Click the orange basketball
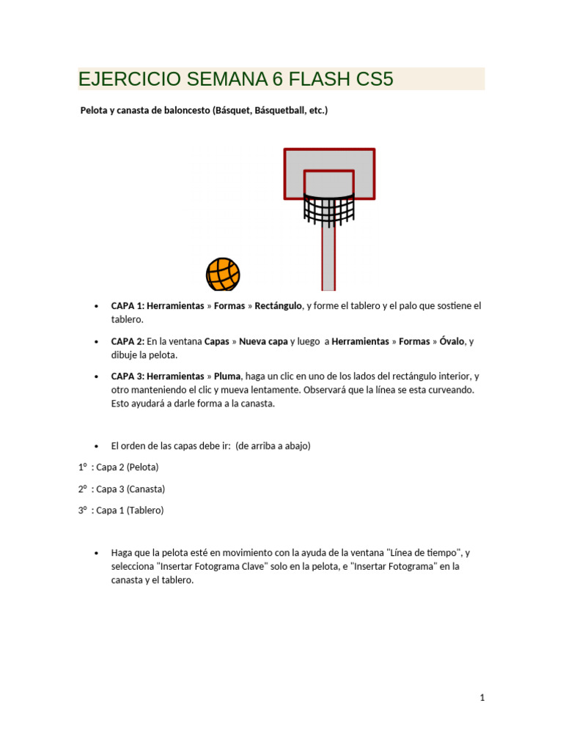click(223, 275)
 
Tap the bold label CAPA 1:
click(128, 305)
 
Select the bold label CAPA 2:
click(128, 341)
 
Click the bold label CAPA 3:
click(128, 376)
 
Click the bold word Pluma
click(227, 376)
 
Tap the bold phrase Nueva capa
click(263, 341)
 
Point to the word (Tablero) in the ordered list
click(145, 510)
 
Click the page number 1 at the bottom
click(482, 698)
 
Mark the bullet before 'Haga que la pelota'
click(97, 553)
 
